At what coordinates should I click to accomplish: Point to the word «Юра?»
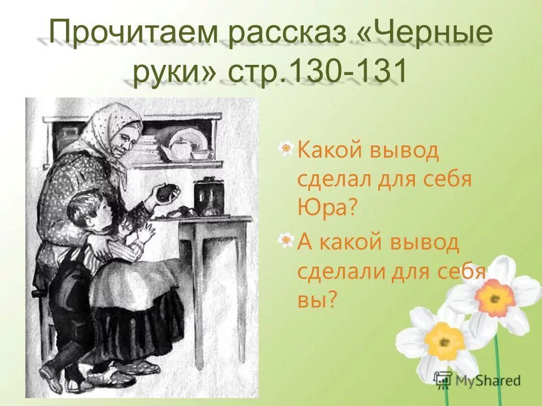pyautogui.click(x=327, y=208)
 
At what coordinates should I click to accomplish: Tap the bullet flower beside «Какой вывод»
pyautogui.click(x=287, y=149)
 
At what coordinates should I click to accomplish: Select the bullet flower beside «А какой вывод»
pyautogui.click(x=287, y=241)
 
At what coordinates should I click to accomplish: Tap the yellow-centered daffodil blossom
pyautogui.click(x=444, y=341)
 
